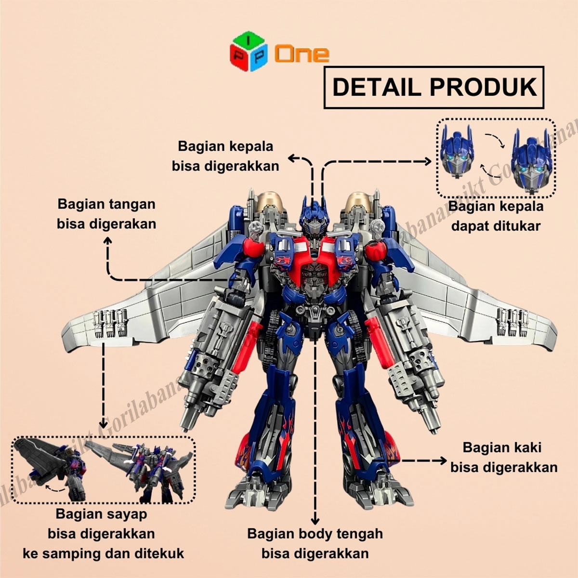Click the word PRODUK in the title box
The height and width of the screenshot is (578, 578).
coord(483,87)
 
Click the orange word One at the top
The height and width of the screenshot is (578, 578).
coord(302,54)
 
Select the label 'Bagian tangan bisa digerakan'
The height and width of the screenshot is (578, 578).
coord(106,214)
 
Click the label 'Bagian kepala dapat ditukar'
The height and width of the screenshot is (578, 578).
coord(496,216)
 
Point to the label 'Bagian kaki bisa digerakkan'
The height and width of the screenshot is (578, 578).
coord(503,457)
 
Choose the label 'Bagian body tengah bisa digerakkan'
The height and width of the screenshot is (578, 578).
coord(315,543)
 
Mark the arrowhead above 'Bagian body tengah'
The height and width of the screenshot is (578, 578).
coord(315,521)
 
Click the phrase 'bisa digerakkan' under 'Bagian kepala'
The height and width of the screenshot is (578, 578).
coord(225,166)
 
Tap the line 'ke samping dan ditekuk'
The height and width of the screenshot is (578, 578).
coord(103,553)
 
